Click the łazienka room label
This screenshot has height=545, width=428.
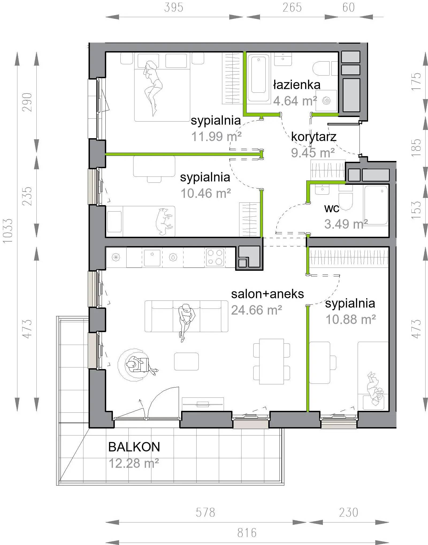pos(297,85)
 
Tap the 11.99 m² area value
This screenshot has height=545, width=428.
pos(216,137)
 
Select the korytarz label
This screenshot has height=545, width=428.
pos(314,137)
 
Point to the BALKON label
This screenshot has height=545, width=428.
pos(134,447)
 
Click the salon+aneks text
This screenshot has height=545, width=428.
pos(267,294)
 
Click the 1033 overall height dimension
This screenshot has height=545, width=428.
pos(8,231)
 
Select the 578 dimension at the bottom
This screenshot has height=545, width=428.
pos(205,512)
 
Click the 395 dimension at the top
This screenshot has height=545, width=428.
pos(174,7)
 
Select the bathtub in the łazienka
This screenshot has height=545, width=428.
pos(258,78)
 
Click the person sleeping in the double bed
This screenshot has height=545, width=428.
pos(153,88)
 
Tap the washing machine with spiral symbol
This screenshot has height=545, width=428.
pos(326,100)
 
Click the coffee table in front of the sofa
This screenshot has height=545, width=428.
pos(186,361)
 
